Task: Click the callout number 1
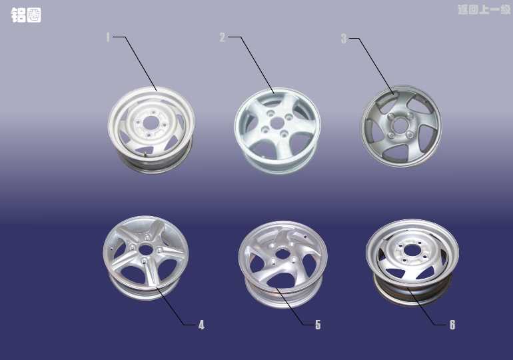[108, 37]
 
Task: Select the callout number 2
[223, 37]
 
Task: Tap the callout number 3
[344, 39]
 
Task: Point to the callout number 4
[201, 325]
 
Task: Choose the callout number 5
[318, 325]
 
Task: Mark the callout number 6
[452, 325]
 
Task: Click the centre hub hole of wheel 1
[151, 123]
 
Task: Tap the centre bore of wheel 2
[277, 123]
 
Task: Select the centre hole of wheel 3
[400, 125]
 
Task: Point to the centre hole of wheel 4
[146, 250]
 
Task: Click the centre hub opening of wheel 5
[281, 253]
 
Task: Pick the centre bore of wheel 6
[410, 251]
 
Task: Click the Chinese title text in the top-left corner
[26, 15]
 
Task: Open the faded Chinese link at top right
[484, 9]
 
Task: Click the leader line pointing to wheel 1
[135, 63]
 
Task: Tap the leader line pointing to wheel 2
[251, 65]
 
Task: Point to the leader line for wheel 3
[371, 66]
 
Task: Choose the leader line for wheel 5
[294, 306]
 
